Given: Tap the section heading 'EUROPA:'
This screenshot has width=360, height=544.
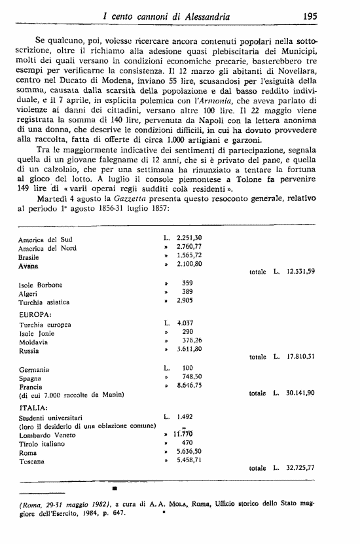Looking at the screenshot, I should (x=33, y=314).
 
